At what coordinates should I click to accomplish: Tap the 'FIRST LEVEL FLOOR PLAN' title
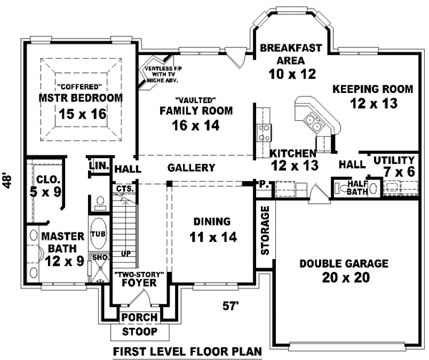tap(188, 351)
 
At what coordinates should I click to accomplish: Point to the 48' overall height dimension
tap(8, 180)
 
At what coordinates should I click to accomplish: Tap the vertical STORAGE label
tap(265, 231)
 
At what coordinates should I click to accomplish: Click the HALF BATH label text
tap(357, 188)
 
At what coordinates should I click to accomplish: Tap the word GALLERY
tap(192, 167)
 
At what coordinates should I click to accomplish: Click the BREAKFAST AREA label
tap(291, 54)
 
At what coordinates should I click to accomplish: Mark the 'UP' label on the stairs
tap(127, 253)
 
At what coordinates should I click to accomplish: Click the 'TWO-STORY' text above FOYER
tap(140, 275)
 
